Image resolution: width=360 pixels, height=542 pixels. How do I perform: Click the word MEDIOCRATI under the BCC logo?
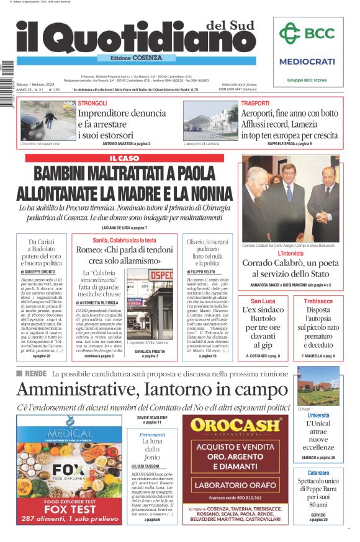pyautogui.click(x=307, y=62)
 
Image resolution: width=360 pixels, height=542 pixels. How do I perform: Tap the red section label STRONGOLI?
pyautogui.click(x=92, y=103)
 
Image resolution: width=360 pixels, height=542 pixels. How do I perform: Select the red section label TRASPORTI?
pyautogui.click(x=255, y=103)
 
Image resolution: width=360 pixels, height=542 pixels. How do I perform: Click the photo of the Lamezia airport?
pyautogui.click(x=210, y=120)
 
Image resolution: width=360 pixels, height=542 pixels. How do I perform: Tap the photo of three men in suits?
pyautogui.click(x=290, y=198)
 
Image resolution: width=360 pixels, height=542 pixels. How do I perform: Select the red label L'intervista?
pyautogui.click(x=290, y=253)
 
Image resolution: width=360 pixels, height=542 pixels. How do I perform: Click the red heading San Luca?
pyautogui.click(x=263, y=301)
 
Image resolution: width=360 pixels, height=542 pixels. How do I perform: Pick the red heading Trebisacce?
pyautogui.click(x=318, y=301)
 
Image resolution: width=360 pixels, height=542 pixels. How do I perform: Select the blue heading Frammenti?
pyautogui.click(x=152, y=435)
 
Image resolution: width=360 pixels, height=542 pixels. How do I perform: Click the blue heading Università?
pyautogui.click(x=318, y=415)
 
